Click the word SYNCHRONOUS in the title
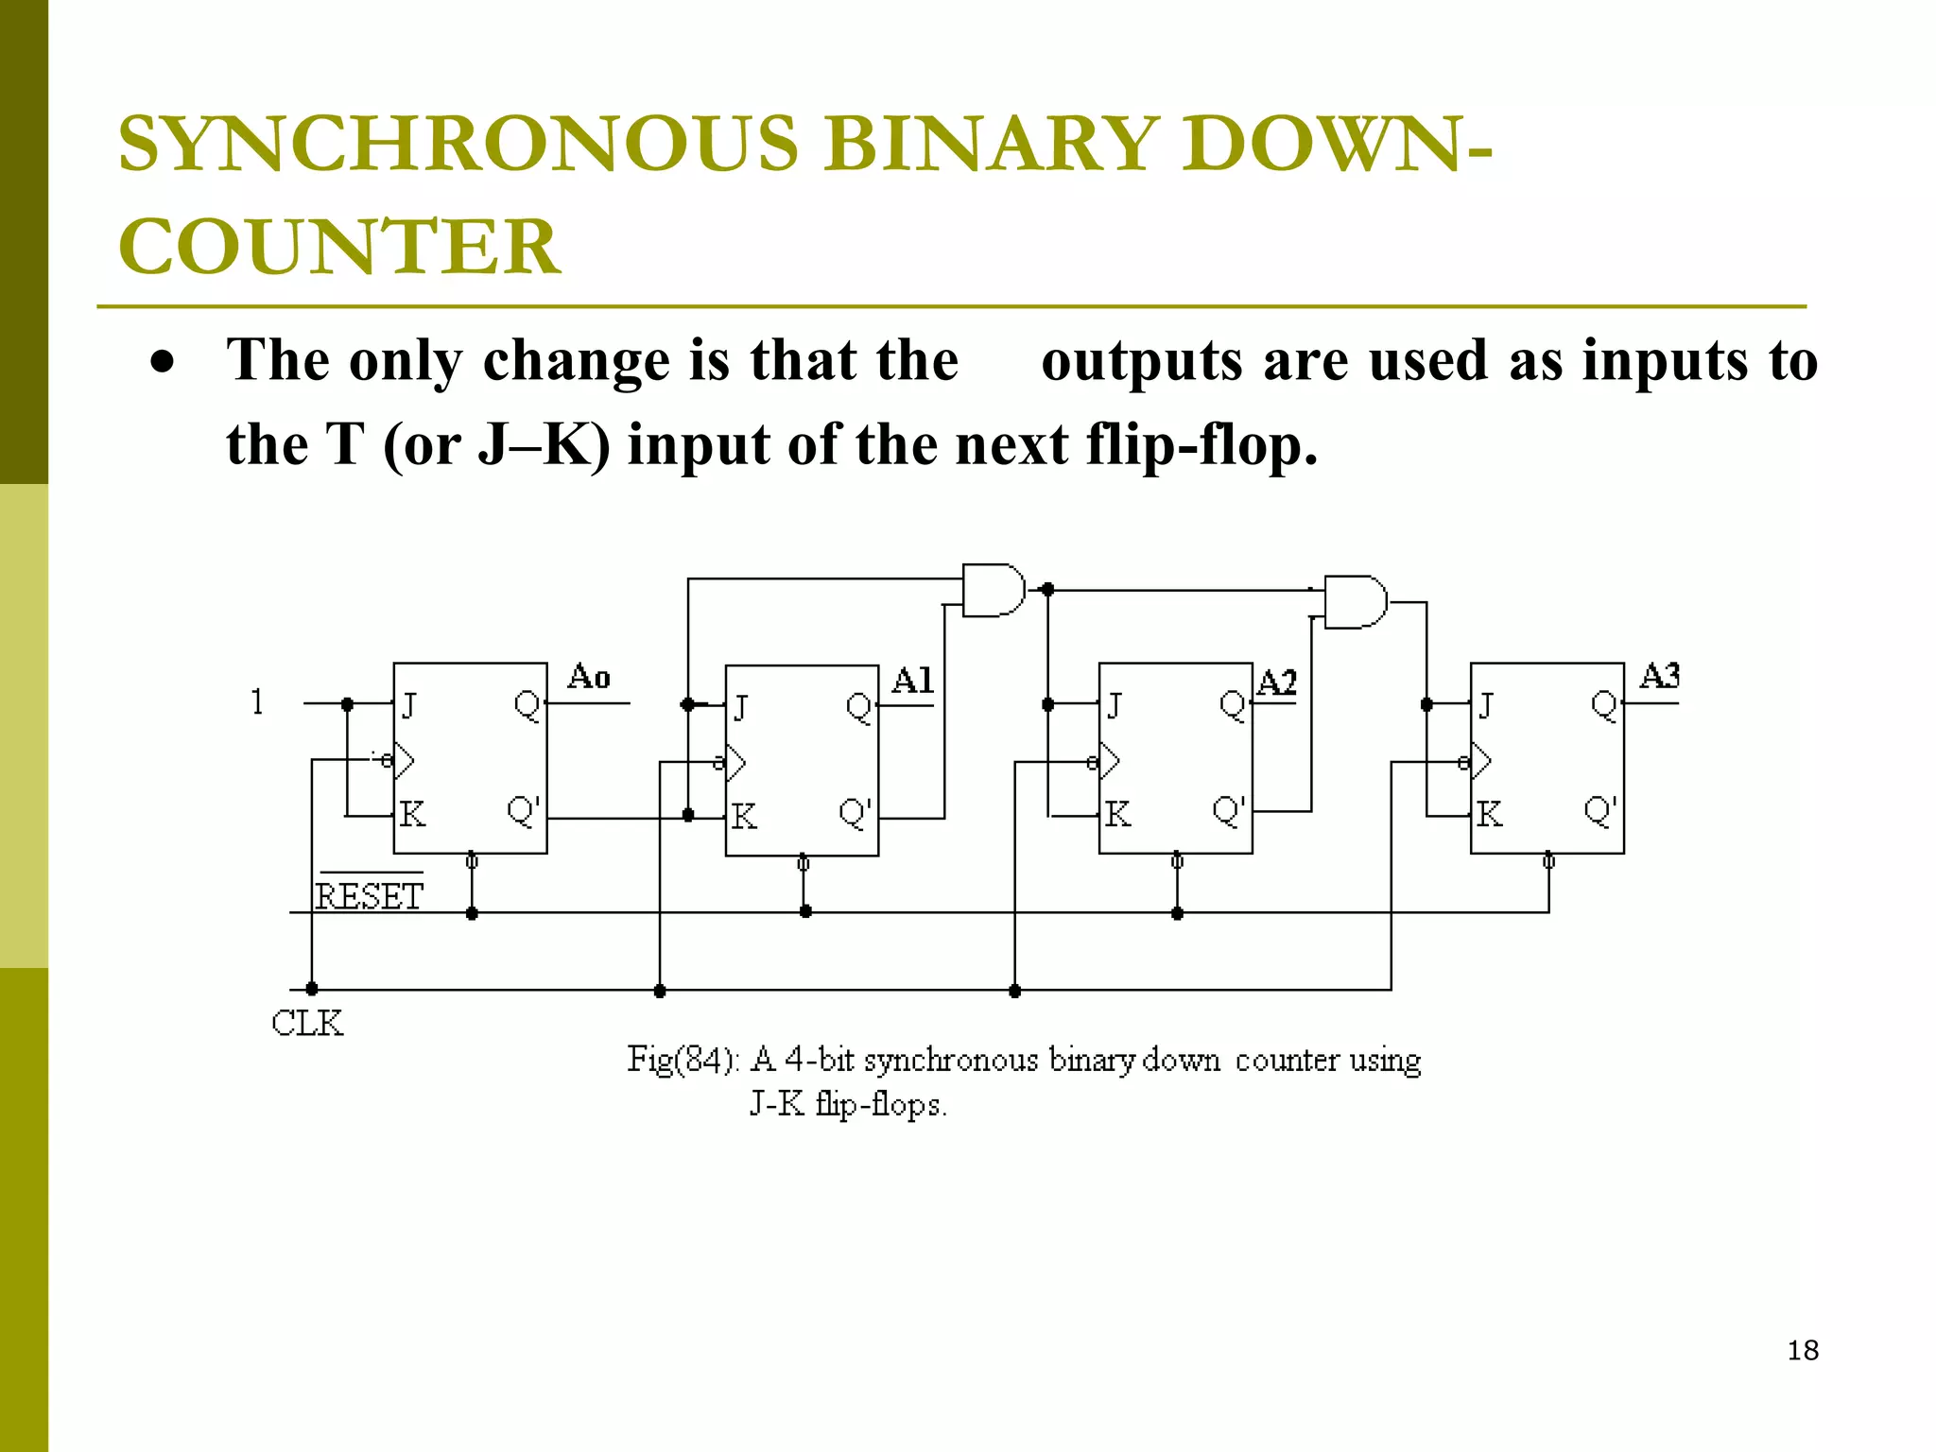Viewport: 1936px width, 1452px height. point(458,144)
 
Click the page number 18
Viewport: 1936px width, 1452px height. point(1803,1350)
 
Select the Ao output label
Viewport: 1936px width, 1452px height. point(589,677)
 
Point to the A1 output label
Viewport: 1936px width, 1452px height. point(912,681)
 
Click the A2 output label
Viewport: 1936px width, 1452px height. point(1277,682)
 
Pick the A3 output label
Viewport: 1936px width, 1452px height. point(1660,676)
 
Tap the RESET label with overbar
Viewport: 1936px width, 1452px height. point(369,894)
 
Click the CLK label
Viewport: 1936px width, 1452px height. point(307,1023)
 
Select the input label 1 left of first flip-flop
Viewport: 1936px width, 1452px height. point(257,701)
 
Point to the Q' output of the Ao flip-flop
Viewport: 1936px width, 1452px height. point(524,811)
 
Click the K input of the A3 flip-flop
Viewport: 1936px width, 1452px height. point(1489,814)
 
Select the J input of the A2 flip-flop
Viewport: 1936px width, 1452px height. point(1115,705)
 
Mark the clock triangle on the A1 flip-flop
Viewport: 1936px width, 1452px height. point(735,762)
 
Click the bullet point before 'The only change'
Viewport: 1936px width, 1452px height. point(163,362)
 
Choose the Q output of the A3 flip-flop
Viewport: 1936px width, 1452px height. point(1604,704)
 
